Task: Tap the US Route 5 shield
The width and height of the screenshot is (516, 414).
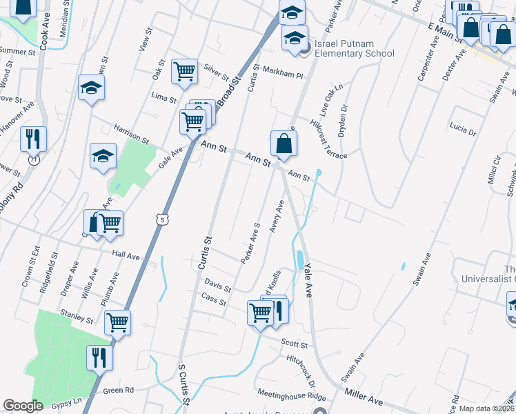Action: click(161, 219)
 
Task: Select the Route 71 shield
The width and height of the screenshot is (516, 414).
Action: click(33, 159)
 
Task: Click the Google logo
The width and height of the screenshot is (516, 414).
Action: click(23, 405)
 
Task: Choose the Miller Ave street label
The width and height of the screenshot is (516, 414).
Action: click(363, 396)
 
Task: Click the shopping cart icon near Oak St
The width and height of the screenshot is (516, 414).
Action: click(184, 71)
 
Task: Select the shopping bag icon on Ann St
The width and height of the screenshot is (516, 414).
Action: click(284, 144)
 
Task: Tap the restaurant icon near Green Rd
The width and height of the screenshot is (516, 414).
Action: click(99, 357)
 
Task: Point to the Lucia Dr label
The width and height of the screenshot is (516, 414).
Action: click(462, 128)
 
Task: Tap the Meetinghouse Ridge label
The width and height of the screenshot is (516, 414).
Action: click(291, 396)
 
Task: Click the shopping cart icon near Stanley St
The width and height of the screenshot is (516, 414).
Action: click(118, 322)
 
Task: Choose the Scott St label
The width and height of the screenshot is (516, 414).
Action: click(297, 343)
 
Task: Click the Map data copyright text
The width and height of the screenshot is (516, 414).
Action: click(486, 408)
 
